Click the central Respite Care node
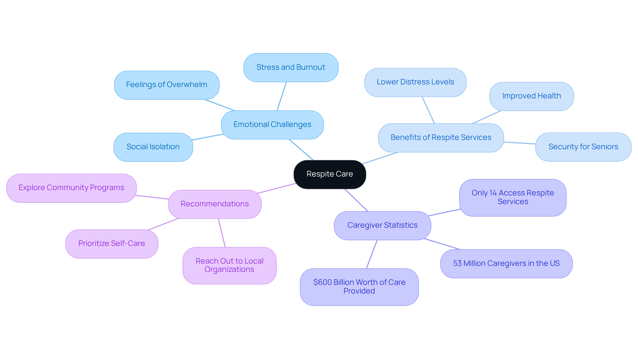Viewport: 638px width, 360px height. pos(330,174)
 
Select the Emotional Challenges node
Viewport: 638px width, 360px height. pos(272,125)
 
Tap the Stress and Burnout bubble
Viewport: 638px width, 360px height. pos(291,67)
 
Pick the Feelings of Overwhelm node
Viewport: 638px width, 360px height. pos(166,85)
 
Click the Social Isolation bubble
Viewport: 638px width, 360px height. pos(153,147)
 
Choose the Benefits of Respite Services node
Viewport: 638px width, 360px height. pos(441,138)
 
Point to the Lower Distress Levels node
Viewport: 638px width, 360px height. pos(415,82)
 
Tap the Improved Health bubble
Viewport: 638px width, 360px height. pos(531,96)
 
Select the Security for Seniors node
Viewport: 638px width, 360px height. pos(583,147)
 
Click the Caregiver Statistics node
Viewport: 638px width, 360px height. pos(382,225)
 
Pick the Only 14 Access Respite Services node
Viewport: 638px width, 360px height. pos(512,197)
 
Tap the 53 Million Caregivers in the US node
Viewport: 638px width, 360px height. pos(506,264)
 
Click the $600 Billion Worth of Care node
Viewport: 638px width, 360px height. pos(359,287)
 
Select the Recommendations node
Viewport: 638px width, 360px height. pos(215,204)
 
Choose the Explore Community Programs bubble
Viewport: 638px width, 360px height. pos(71,188)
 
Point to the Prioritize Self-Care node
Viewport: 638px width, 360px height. pos(112,244)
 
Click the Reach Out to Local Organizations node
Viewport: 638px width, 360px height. pos(229,265)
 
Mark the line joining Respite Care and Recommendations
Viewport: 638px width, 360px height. pos(276,188)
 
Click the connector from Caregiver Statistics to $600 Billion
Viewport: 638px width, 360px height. pos(372,254)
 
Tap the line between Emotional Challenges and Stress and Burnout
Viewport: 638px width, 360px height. pos(282,96)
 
